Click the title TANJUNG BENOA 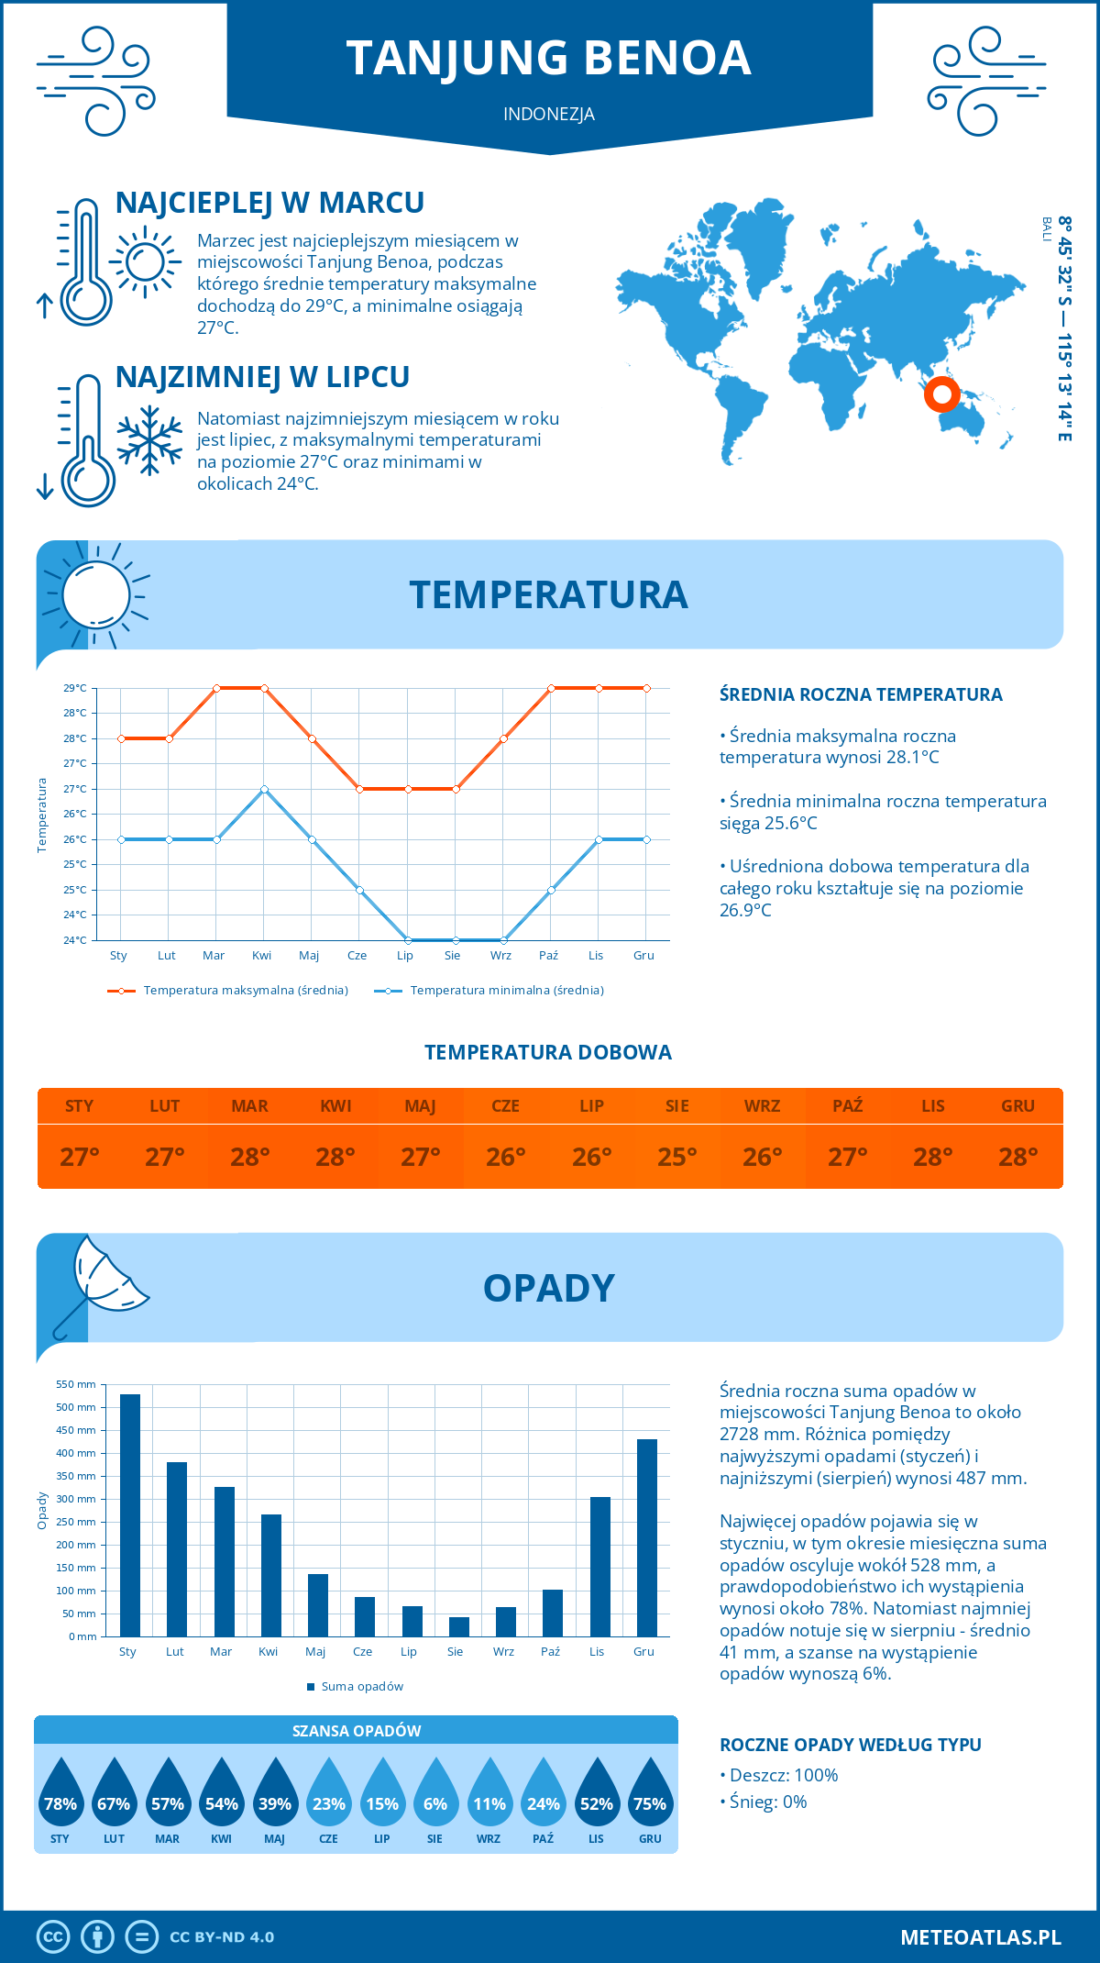[548, 58]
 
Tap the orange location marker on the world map [941, 394]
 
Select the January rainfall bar [130, 1515]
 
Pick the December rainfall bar [647, 1537]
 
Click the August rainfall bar [459, 1626]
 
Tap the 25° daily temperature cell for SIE [676, 1157]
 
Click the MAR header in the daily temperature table [249, 1106]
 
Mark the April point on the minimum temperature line [264, 789]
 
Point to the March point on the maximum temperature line [216, 688]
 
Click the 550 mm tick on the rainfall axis [76, 1384]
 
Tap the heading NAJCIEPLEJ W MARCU [269, 203]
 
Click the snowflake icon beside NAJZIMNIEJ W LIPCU [149, 440]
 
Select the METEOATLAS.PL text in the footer [980, 1937]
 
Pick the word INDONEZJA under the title [548, 114]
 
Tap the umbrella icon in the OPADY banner [101, 1282]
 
